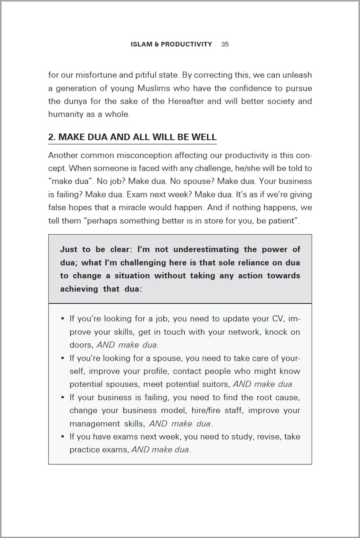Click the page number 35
point(225,44)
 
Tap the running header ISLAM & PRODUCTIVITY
point(171,44)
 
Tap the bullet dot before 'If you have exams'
point(62,437)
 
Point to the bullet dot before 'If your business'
point(62,397)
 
